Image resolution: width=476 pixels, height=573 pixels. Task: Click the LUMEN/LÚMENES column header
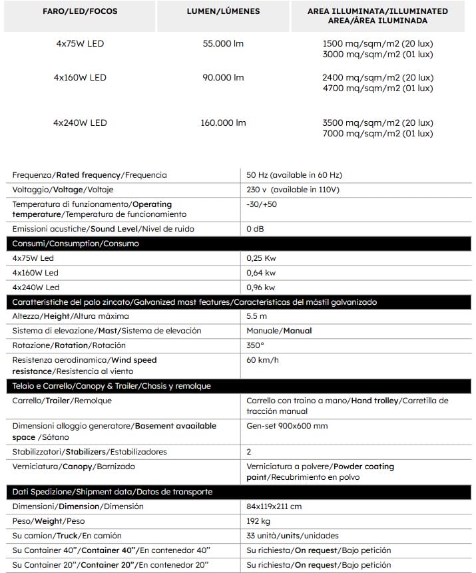(223, 11)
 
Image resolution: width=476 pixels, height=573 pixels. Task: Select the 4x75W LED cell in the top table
(80, 44)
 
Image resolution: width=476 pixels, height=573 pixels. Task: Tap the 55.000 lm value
(223, 44)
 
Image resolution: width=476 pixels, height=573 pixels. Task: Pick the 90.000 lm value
(223, 78)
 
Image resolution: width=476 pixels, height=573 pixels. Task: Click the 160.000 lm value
(223, 122)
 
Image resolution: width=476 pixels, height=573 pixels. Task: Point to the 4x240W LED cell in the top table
(80, 122)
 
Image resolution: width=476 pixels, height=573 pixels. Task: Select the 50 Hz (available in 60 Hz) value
(294, 175)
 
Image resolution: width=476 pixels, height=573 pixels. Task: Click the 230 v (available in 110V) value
(292, 190)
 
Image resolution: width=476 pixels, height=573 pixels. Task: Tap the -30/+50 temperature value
(262, 204)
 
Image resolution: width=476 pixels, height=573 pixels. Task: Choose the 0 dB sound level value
(256, 229)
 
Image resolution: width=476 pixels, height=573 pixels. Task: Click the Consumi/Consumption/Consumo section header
(76, 244)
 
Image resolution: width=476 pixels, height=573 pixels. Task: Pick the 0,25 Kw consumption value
(261, 258)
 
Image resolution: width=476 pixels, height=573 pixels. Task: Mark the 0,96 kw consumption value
(260, 287)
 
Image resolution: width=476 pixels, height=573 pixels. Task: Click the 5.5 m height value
(256, 316)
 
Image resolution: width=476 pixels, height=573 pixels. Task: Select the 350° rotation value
(255, 345)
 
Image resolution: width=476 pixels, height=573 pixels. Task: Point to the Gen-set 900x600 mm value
(287, 426)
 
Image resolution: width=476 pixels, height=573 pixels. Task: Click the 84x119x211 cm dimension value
(274, 506)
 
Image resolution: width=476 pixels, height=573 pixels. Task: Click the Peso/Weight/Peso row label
(47, 521)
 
